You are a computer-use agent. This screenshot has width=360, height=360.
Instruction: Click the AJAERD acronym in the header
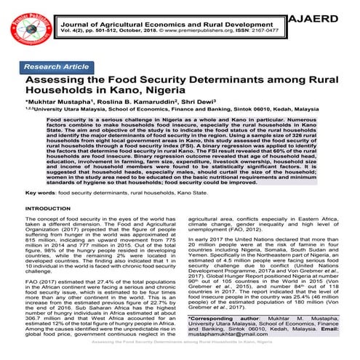coord(324,15)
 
